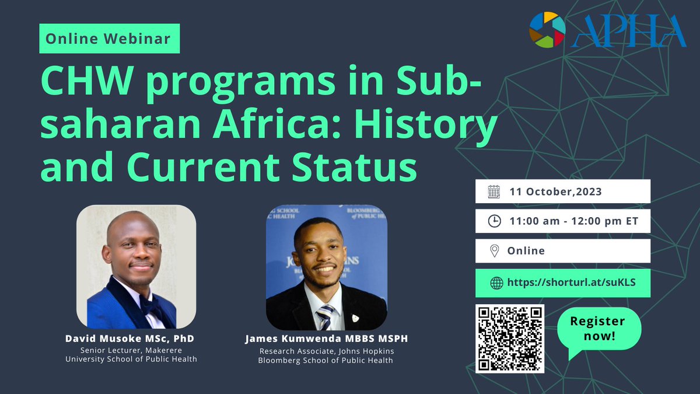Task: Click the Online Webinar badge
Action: point(109,39)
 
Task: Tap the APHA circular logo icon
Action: point(547,30)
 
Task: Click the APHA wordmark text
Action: point(628,32)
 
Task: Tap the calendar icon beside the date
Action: point(494,191)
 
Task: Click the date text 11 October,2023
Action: point(555,191)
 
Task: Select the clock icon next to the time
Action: point(494,221)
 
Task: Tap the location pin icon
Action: point(494,251)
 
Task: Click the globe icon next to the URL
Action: point(496,283)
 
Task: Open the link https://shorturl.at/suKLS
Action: point(570,283)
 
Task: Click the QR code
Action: point(510,339)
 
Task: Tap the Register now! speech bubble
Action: point(597,329)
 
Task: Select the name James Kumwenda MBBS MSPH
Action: point(326,339)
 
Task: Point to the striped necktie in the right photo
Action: point(324,316)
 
